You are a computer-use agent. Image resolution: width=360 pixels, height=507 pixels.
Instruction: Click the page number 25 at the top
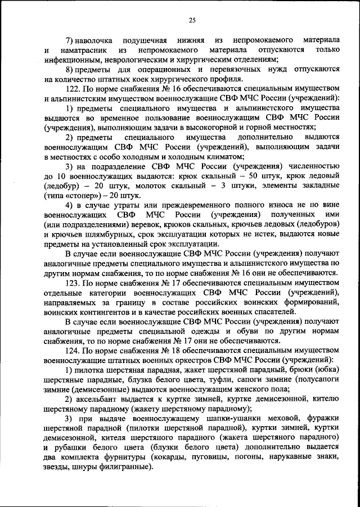coord(191,21)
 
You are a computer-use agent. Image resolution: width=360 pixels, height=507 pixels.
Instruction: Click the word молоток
coord(165,184)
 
